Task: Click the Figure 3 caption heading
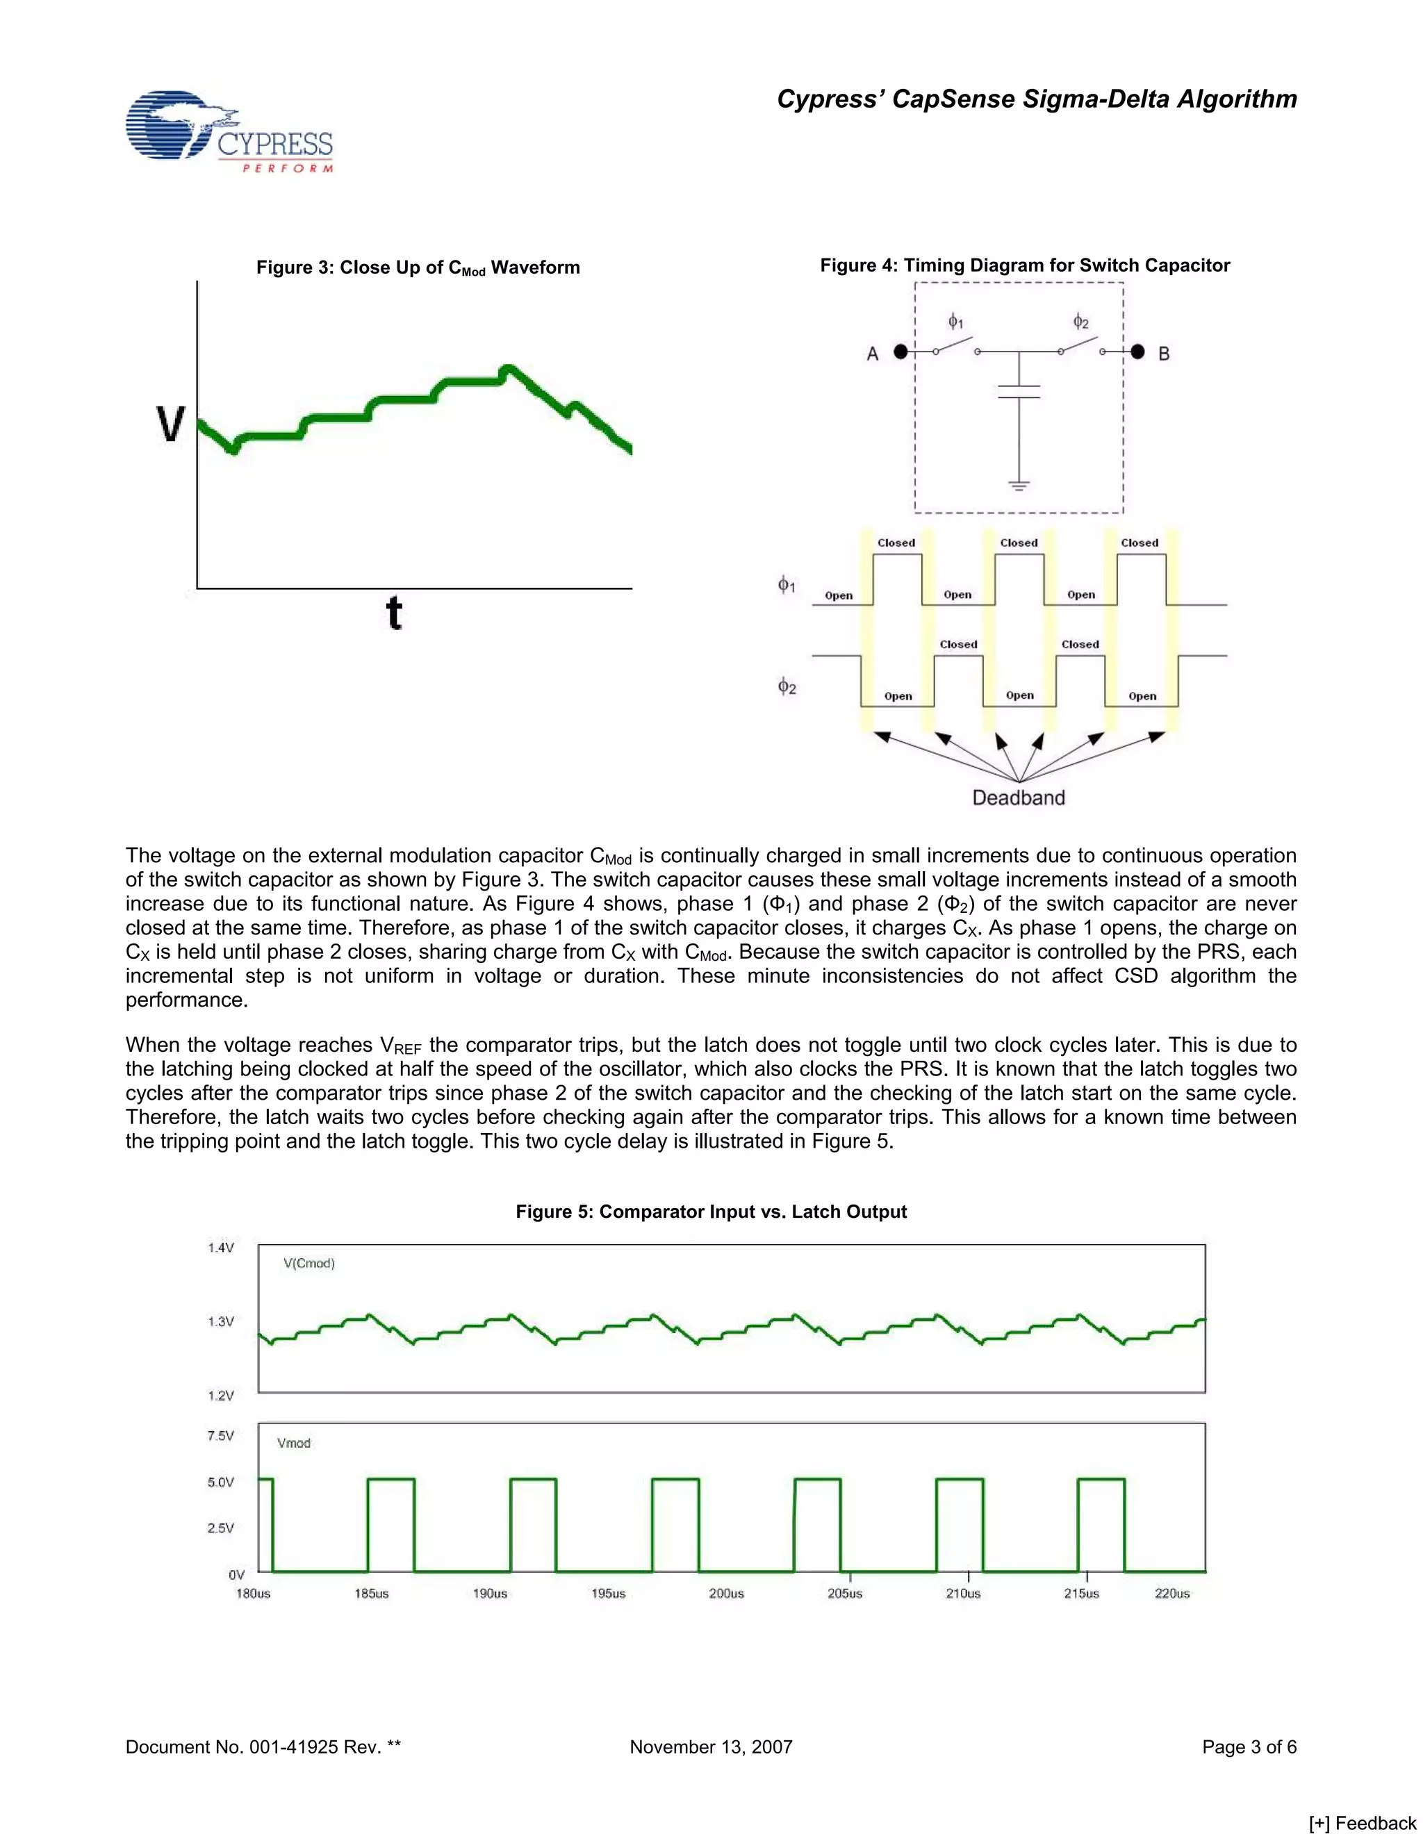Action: [x=418, y=268]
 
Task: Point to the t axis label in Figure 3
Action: [x=394, y=613]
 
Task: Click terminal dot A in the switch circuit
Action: [x=900, y=352]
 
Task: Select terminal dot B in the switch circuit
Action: [x=1138, y=352]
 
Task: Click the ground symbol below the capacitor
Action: [x=1019, y=485]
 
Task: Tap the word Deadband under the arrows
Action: [x=1019, y=798]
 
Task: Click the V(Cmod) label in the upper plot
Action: [x=309, y=1263]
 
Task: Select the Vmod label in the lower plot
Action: [x=293, y=1442]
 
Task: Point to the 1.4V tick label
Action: [x=220, y=1248]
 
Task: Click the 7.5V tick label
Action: [x=220, y=1435]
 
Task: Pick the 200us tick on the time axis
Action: [x=726, y=1593]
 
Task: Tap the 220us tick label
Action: [x=1171, y=1593]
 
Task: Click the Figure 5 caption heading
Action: [x=711, y=1212]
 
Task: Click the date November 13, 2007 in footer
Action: [x=711, y=1747]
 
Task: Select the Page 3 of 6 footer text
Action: [x=1249, y=1747]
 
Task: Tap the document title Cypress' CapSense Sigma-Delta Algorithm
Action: [x=1036, y=99]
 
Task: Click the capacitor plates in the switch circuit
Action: [x=1019, y=391]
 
